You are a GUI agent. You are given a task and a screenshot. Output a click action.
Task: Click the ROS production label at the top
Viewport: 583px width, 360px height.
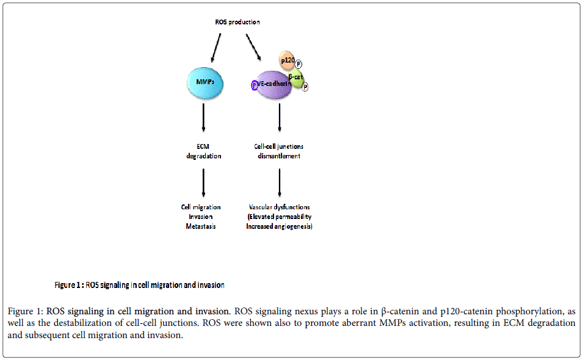tap(237, 22)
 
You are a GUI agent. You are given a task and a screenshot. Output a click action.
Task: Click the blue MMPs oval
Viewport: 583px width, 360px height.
tap(205, 83)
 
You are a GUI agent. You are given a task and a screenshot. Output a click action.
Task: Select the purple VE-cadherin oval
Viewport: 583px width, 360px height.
tap(274, 85)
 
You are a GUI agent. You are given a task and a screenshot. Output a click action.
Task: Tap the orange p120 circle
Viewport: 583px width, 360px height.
tap(287, 60)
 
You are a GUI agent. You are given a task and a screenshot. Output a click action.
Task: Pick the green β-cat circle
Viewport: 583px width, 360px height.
tap(297, 78)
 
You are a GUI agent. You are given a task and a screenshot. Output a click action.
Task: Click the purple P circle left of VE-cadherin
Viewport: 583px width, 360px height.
tap(255, 85)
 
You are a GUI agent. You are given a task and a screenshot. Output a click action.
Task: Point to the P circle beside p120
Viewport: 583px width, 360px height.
tap(298, 64)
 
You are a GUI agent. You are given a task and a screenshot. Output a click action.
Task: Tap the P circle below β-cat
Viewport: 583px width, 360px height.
tap(305, 87)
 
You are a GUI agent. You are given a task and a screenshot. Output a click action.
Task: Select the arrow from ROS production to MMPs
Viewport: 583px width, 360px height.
tap(216, 48)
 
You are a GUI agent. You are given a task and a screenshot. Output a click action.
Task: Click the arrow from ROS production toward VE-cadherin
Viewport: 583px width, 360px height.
tap(253, 47)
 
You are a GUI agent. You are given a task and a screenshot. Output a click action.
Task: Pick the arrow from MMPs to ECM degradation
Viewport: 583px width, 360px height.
tap(203, 118)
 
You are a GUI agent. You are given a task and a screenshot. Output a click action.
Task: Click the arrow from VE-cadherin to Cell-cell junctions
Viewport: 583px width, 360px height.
tap(280, 118)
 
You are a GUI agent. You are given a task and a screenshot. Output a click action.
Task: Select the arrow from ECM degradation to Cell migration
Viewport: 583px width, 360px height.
tap(203, 183)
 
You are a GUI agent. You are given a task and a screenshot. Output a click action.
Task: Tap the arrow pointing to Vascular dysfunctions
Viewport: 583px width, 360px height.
tap(280, 183)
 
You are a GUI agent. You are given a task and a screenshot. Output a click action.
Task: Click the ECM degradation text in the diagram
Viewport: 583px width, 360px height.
tap(204, 151)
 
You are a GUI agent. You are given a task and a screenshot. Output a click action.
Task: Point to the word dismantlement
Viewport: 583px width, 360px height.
tap(279, 156)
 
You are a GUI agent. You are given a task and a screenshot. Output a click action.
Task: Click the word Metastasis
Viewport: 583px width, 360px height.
tap(201, 226)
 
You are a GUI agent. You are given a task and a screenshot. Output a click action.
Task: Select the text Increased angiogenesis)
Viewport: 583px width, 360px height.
tap(279, 226)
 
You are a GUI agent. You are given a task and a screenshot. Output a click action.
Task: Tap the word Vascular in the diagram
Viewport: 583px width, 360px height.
tap(260, 207)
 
